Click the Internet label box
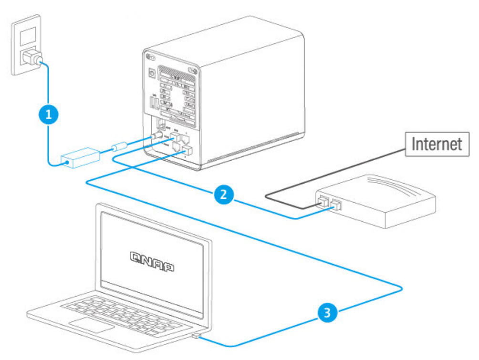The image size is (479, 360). (x=436, y=144)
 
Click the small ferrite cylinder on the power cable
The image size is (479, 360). (x=118, y=147)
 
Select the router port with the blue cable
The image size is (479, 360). (x=336, y=206)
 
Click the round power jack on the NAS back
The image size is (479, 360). (x=155, y=136)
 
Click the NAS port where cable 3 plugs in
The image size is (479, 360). (x=187, y=151)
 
